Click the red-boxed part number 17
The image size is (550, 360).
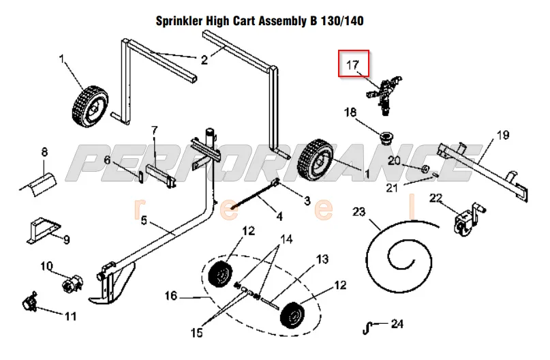pyautogui.click(x=354, y=65)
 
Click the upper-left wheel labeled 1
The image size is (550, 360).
pyautogui.click(x=87, y=102)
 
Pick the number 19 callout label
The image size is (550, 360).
pyautogui.click(x=503, y=135)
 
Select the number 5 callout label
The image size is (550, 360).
pyautogui.click(x=144, y=220)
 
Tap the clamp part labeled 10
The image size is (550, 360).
pyautogui.click(x=70, y=280)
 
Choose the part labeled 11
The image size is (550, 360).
pyautogui.click(x=30, y=300)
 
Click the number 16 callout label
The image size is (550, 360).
pyautogui.click(x=171, y=295)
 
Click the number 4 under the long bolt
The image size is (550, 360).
pyautogui.click(x=279, y=217)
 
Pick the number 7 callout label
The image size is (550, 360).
pyautogui.click(x=155, y=130)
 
